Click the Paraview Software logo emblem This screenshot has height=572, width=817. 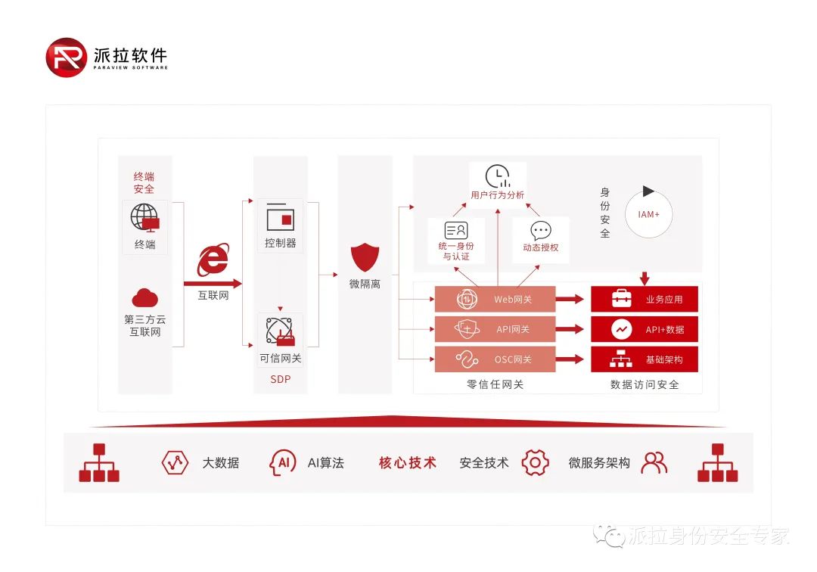click(66, 57)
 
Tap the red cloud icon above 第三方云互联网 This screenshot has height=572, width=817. click(144, 297)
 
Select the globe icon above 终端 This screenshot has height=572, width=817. click(144, 217)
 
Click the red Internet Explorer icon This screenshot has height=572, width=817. click(213, 260)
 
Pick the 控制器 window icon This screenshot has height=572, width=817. click(280, 217)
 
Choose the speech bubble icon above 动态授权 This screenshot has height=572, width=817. click(541, 231)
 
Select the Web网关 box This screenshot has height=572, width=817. click(495, 300)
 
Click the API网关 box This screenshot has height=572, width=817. click(495, 329)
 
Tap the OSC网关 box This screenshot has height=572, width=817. click(495, 359)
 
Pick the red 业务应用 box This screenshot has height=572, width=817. click(644, 299)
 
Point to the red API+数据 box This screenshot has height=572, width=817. click(644, 329)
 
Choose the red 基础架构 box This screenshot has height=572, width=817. click(644, 359)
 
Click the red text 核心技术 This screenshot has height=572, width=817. click(408, 462)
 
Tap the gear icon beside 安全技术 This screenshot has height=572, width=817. click(535, 462)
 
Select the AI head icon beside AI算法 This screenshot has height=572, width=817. click(283, 462)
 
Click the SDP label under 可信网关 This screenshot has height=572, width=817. click(280, 379)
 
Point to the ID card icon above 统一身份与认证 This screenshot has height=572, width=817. click(456, 231)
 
